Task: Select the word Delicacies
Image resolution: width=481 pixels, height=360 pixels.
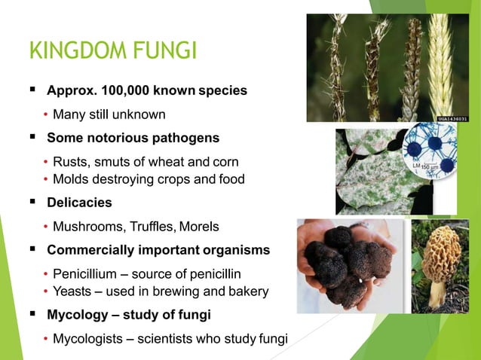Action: [79, 203]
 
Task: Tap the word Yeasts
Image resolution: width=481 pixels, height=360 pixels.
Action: [73, 291]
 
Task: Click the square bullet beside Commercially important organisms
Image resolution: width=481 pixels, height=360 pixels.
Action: [32, 249]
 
